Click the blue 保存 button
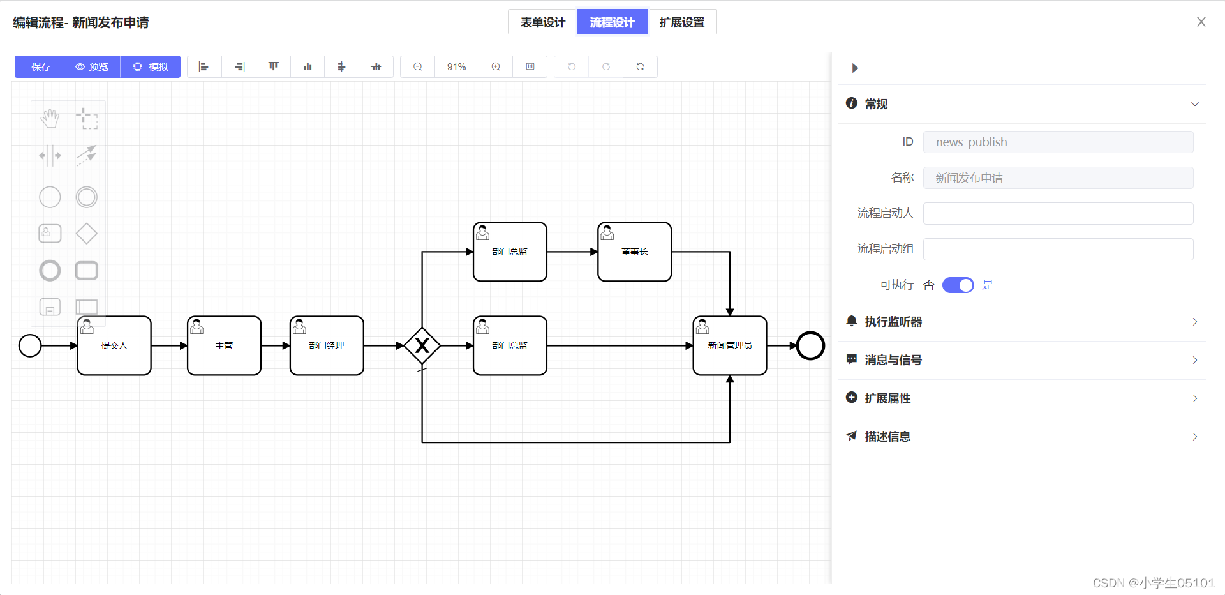[40, 67]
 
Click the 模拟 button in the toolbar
[151, 67]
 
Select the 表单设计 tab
[542, 22]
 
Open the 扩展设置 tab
[681, 22]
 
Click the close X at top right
[1201, 22]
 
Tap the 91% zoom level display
[456, 67]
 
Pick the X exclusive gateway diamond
[422, 345]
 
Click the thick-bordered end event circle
[810, 345]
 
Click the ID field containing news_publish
[1057, 142]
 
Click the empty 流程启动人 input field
[1057, 214]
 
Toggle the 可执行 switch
[958, 285]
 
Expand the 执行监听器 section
[1021, 322]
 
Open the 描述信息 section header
[1021, 437]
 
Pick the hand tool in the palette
[50, 119]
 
